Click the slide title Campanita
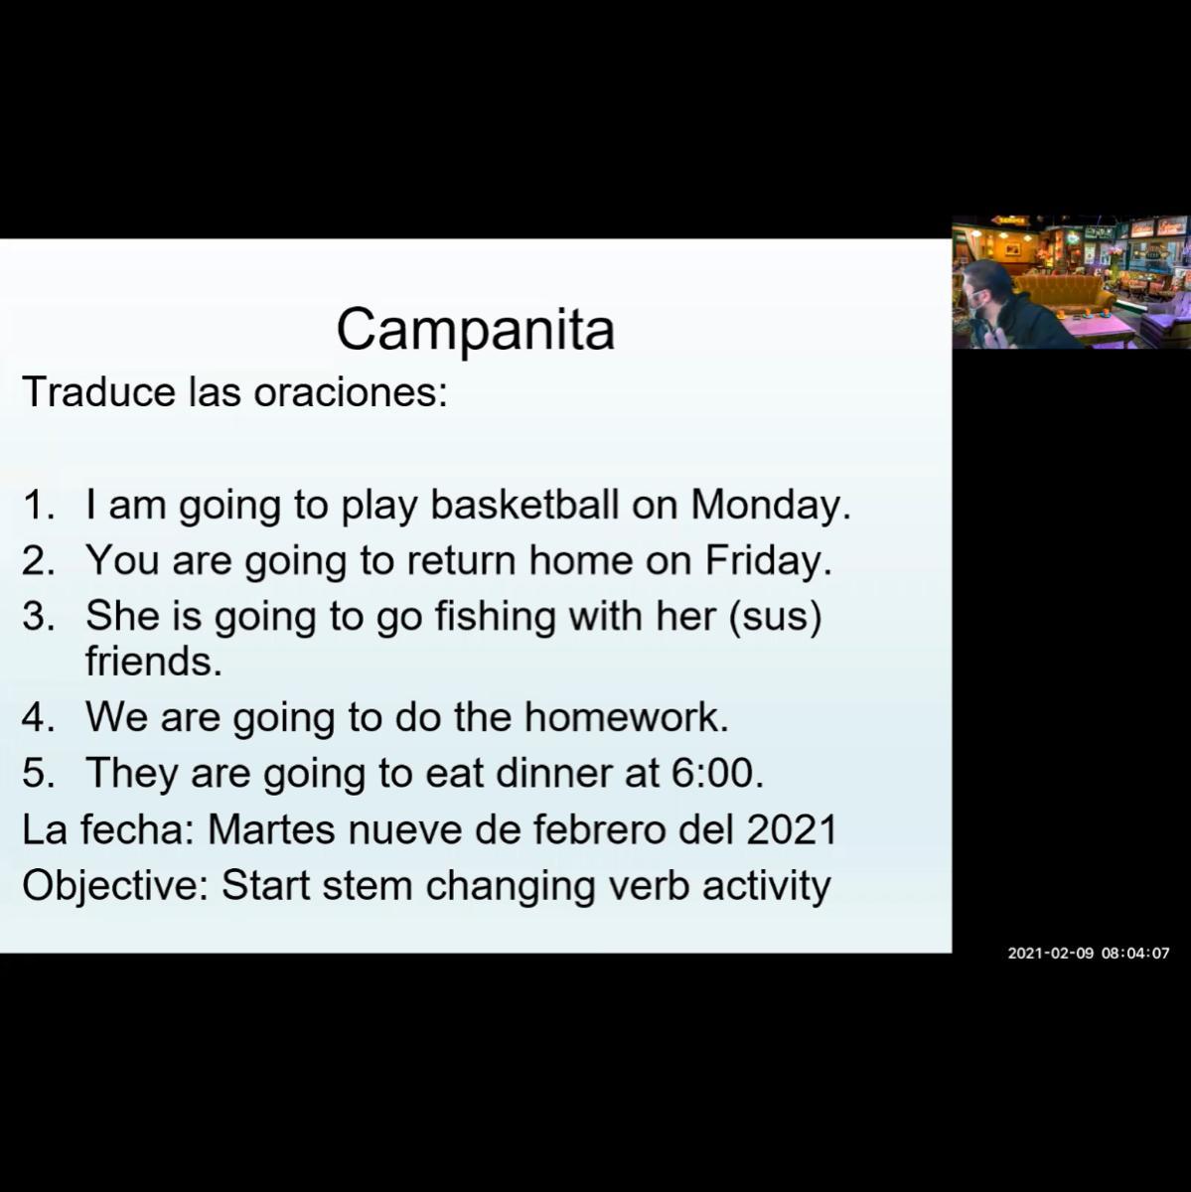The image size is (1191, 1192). point(475,330)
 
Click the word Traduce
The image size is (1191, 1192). point(99,391)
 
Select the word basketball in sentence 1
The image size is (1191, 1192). point(524,505)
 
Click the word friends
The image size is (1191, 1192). point(153,662)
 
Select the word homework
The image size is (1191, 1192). point(627,717)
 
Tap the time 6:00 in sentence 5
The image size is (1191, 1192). point(718,773)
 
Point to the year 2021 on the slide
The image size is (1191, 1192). point(792,828)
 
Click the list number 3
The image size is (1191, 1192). point(39,616)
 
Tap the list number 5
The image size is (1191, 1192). point(39,773)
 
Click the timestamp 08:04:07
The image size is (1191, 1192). point(1136,954)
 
